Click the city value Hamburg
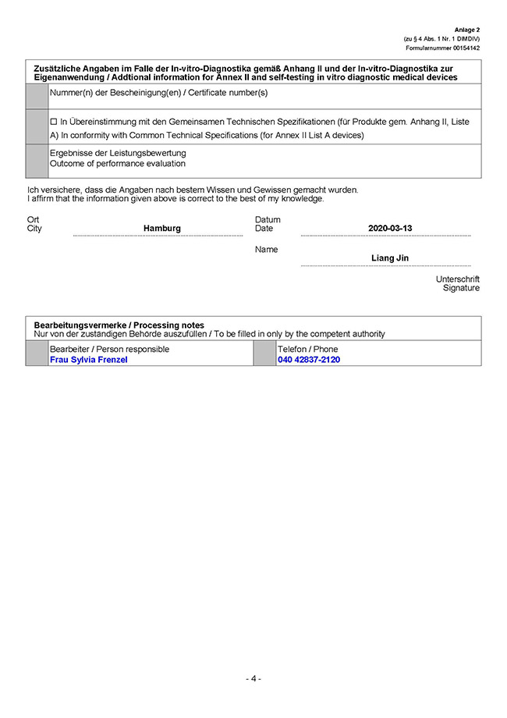tap(161, 229)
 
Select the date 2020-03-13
tap(389, 229)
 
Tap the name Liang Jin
tap(389, 258)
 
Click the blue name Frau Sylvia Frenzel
tap(88, 360)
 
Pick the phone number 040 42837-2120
tap(309, 360)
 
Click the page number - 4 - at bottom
tap(253, 678)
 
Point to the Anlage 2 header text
tap(467, 30)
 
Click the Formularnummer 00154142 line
tap(443, 48)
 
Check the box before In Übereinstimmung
tap(54, 123)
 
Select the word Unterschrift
tap(458, 279)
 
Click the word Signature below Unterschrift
tap(461, 288)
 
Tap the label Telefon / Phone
tap(307, 349)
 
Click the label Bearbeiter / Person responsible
tap(109, 349)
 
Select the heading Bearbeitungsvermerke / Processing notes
tap(119, 325)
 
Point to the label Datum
tap(268, 220)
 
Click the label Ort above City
tap(33, 220)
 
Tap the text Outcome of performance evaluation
tap(118, 164)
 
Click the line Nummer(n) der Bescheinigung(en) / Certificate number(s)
tap(158, 93)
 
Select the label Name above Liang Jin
tap(266, 250)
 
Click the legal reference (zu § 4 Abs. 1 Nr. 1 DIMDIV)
tap(441, 39)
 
